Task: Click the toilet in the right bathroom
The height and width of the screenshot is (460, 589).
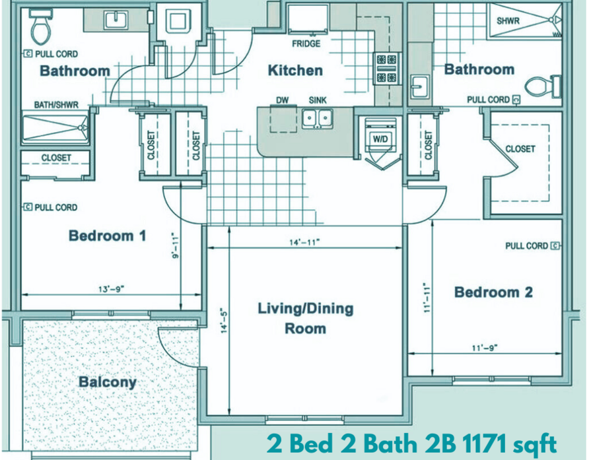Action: coord(543,86)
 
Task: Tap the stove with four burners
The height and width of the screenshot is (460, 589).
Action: coord(386,69)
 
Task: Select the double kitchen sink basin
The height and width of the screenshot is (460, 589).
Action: coord(318,119)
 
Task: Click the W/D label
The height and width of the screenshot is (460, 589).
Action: coord(380,139)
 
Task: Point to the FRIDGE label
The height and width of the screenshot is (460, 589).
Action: coord(306,44)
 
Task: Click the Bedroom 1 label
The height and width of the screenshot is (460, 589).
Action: coord(107,236)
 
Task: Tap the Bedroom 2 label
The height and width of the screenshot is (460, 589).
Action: coord(493,292)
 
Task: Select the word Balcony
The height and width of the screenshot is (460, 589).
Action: coord(108,382)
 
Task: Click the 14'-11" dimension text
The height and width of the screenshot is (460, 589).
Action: coord(304,242)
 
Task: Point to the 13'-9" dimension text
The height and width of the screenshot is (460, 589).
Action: coord(111,289)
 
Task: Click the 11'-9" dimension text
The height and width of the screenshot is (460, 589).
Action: coord(485,348)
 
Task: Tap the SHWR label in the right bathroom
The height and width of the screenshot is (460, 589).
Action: coord(508,20)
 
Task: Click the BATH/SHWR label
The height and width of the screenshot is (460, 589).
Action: coord(56,105)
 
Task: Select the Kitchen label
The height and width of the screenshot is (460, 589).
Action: coord(295,70)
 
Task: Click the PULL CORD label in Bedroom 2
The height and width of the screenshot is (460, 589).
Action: coord(526,246)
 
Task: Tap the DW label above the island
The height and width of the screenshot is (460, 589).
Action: coord(282,100)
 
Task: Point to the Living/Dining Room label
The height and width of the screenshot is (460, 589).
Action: coord(305,318)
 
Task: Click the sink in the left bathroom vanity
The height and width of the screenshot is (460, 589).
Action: coord(116,20)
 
